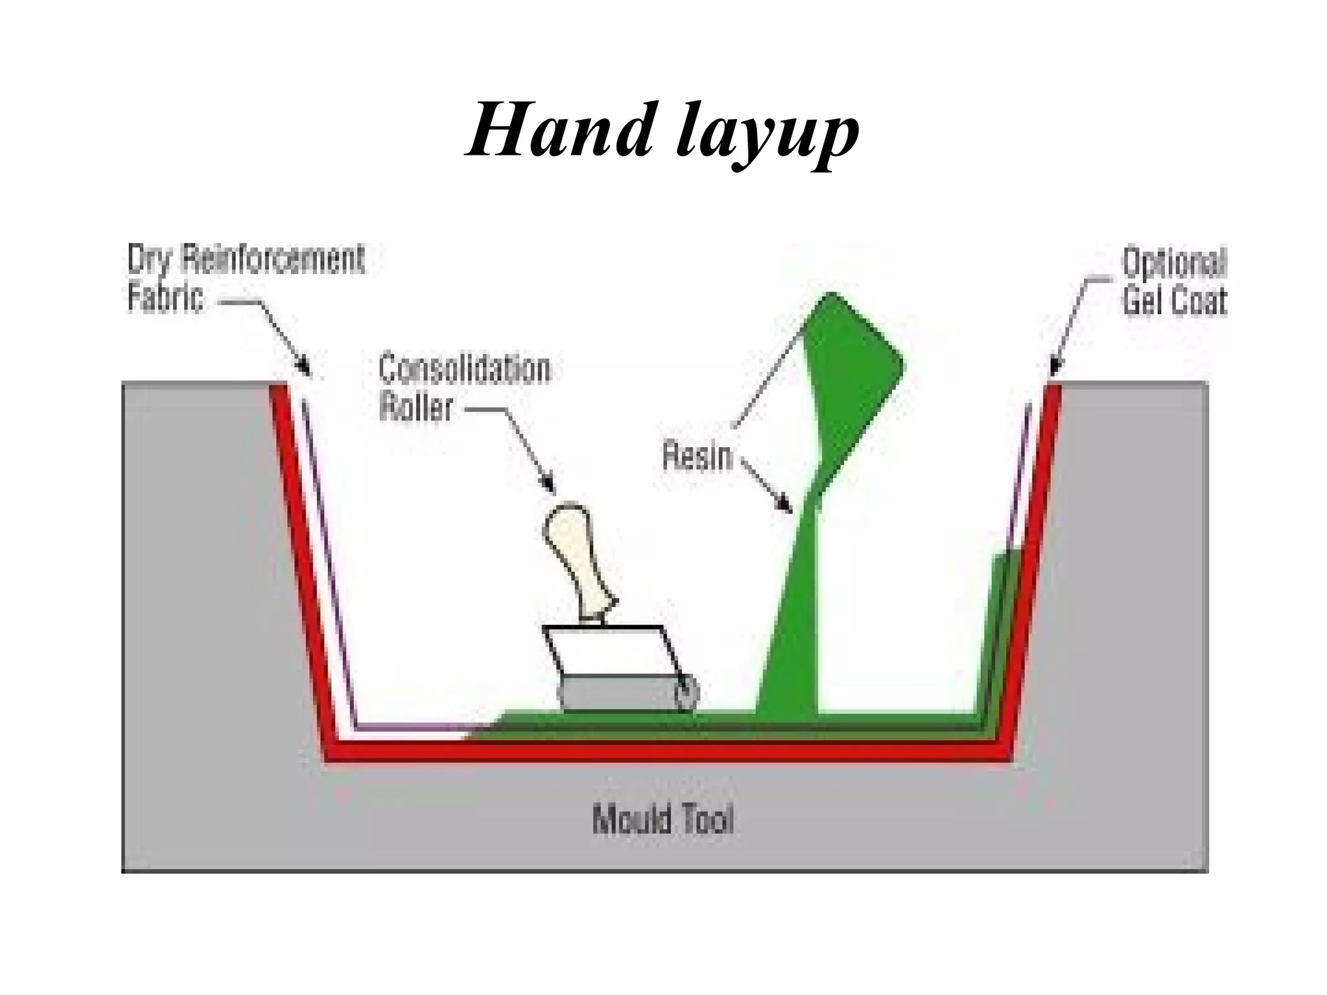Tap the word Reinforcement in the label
(272, 259)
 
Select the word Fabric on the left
(165, 298)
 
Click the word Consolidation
(464, 369)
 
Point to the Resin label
(697, 455)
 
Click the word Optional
(1174, 263)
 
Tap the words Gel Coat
(1174, 301)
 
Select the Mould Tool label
(662, 819)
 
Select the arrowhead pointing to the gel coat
(1054, 368)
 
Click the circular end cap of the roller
(686, 694)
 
